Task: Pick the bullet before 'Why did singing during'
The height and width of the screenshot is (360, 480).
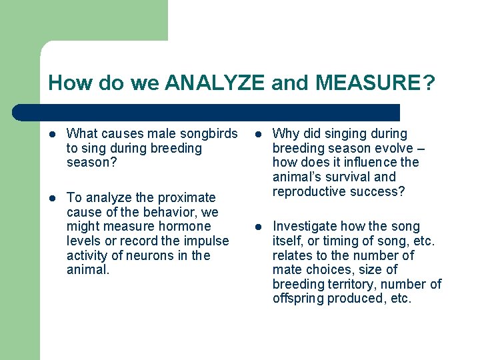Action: pyautogui.click(x=259, y=135)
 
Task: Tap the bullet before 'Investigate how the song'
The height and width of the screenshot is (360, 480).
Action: pyautogui.click(x=259, y=227)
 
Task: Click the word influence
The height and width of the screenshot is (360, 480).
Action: pyautogui.click(x=371, y=163)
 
